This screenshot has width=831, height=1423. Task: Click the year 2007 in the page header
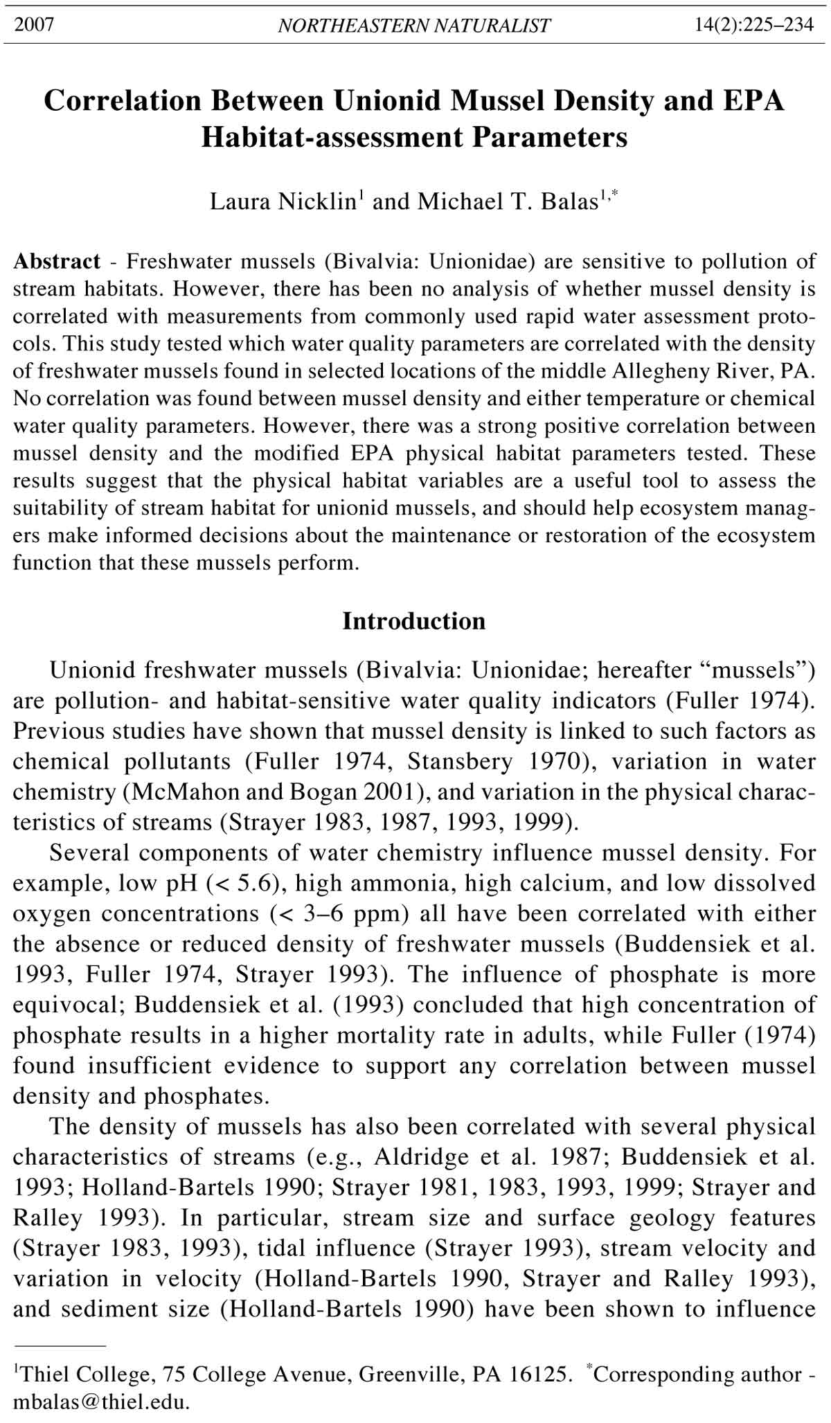pyautogui.click(x=34, y=26)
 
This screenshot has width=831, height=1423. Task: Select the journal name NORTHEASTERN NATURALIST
pyautogui.click(x=414, y=26)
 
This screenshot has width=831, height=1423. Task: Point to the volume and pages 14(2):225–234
pyautogui.click(x=754, y=26)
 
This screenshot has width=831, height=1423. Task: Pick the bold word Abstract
pyautogui.click(x=57, y=262)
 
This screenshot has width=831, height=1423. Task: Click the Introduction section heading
pyautogui.click(x=414, y=621)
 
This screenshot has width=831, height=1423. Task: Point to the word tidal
pyautogui.click(x=284, y=1249)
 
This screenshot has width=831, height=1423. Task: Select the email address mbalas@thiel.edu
pyautogui.click(x=100, y=1404)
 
